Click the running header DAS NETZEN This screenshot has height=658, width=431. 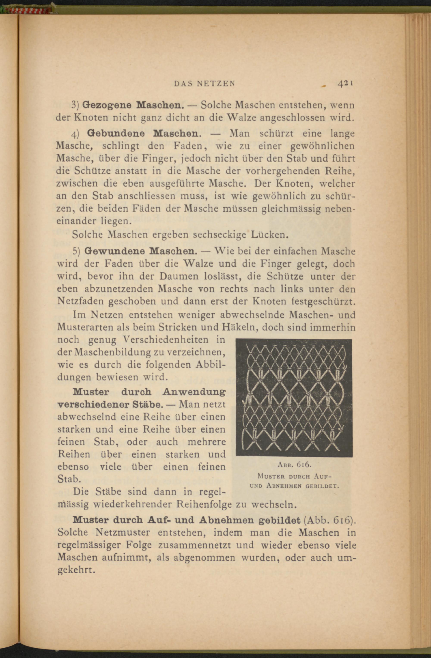pyautogui.click(x=204, y=83)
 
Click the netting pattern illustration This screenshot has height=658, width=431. pyautogui.click(x=294, y=398)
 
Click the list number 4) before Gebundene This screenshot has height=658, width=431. pyautogui.click(x=75, y=134)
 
